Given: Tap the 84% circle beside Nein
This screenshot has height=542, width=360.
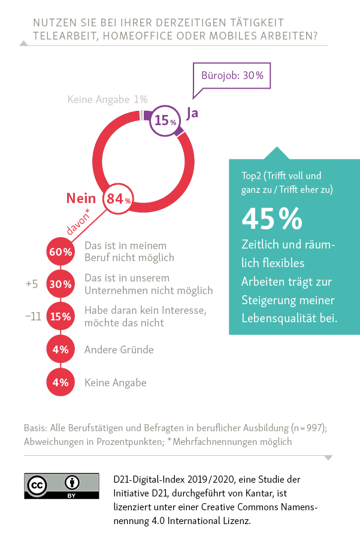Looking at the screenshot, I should click(118, 199).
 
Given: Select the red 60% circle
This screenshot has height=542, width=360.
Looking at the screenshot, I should click(60, 252).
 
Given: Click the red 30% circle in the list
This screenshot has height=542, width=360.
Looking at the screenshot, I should click(60, 284).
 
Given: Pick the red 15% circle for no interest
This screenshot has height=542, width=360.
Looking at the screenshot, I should click(60, 317).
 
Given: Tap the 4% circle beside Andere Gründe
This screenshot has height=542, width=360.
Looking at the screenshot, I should click(60, 350).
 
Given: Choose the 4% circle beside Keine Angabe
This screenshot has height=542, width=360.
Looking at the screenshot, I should click(60, 382).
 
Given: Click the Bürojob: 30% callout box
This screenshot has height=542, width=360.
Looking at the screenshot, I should click(232, 75).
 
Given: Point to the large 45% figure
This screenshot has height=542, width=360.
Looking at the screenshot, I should click(272, 219).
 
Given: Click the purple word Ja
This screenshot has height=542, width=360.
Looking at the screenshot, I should click(192, 113).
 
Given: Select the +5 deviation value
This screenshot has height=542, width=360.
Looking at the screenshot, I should click(32, 284).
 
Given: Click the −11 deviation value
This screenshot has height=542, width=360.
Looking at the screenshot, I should click(33, 317).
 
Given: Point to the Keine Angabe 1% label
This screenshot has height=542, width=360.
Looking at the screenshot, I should click(107, 99).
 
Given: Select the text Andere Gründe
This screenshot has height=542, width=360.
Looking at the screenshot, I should click(119, 350).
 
